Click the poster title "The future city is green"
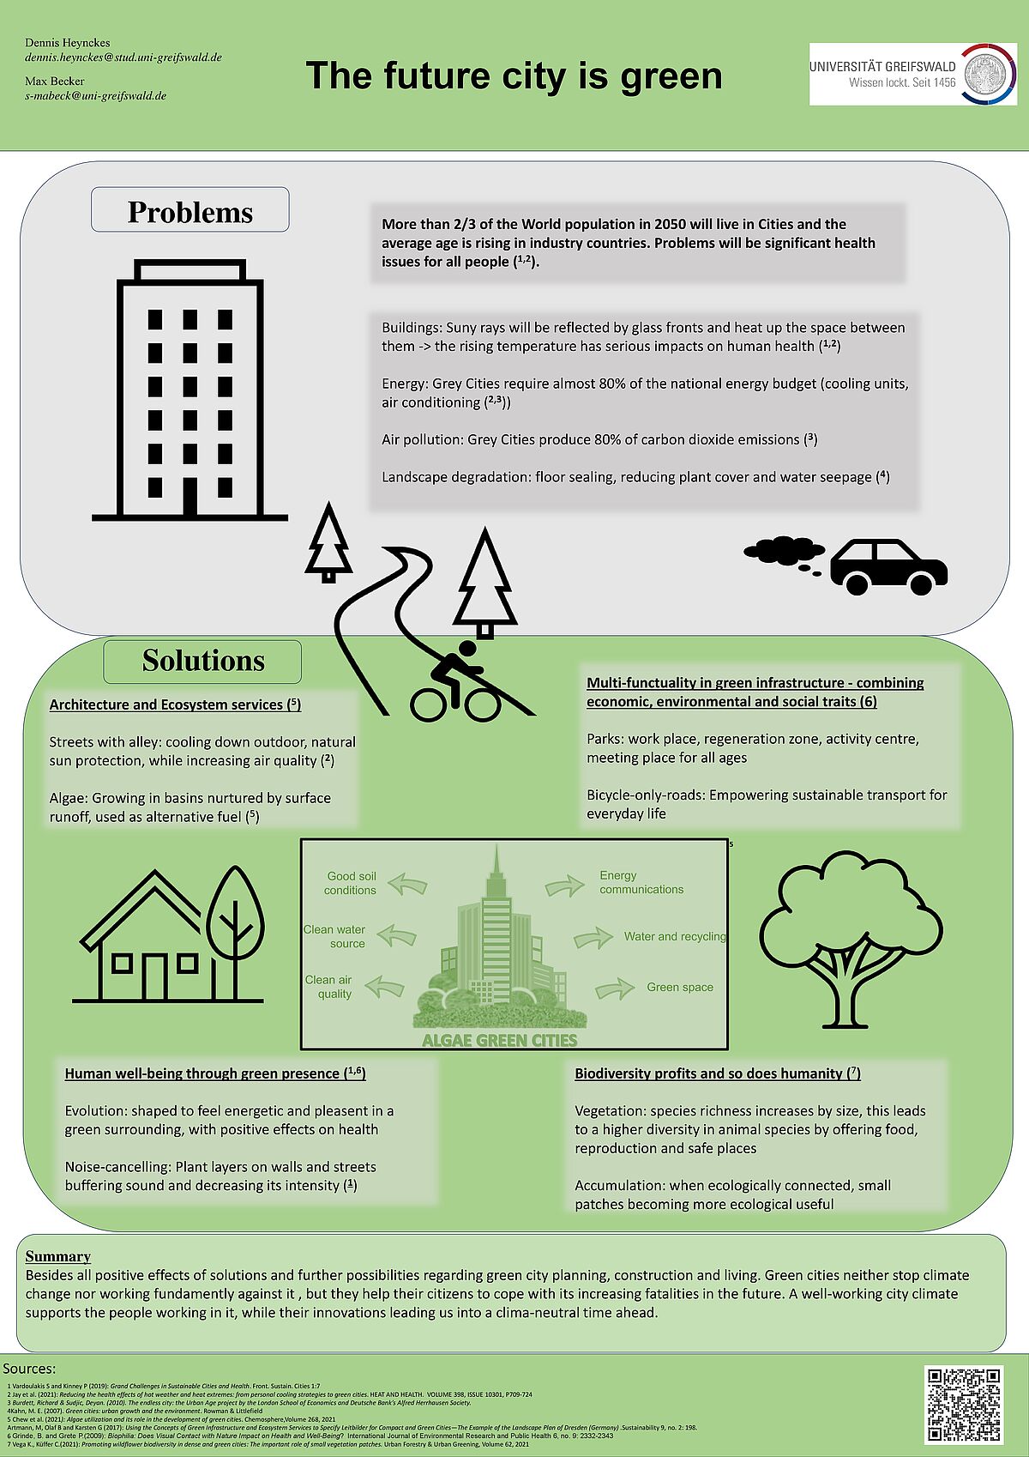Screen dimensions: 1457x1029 (x=514, y=76)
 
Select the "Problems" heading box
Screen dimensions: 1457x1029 (x=190, y=211)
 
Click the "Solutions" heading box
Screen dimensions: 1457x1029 (x=202, y=661)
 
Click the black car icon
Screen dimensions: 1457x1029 (x=888, y=567)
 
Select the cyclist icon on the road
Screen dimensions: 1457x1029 (x=455, y=682)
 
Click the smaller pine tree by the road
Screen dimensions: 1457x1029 (x=328, y=543)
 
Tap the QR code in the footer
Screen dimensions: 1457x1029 (x=965, y=1405)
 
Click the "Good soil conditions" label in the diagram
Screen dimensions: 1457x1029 (x=351, y=883)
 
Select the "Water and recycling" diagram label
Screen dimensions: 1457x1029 (x=675, y=936)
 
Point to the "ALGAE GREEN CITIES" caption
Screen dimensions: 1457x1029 (x=499, y=1040)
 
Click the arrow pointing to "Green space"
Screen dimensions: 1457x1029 (x=614, y=989)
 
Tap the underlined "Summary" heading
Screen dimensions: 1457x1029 (x=57, y=1256)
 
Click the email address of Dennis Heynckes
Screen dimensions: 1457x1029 (x=123, y=57)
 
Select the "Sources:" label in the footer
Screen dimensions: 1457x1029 (x=29, y=1369)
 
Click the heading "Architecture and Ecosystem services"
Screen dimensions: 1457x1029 (x=175, y=704)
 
